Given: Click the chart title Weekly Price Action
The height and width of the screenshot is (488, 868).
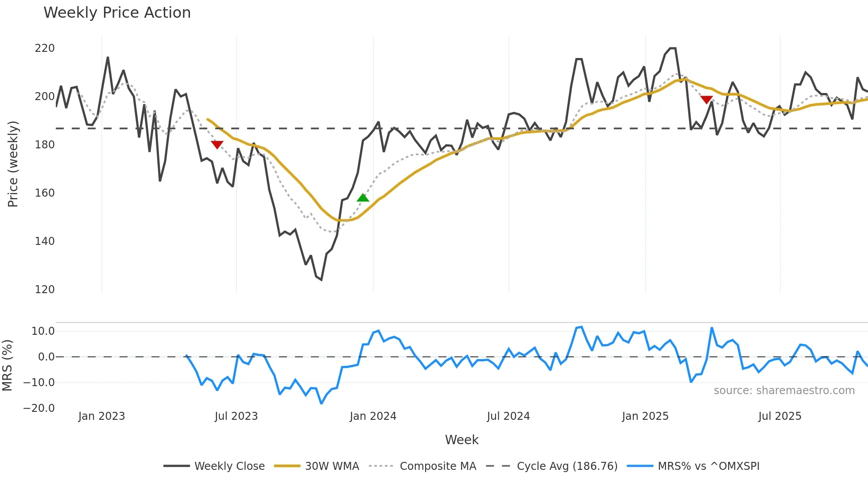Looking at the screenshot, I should click(x=117, y=13).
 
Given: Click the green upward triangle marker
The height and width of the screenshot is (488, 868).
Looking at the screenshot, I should click(x=363, y=198).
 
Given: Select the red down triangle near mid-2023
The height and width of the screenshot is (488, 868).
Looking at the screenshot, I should click(x=217, y=144).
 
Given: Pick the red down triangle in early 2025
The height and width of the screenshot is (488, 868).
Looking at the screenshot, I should click(x=706, y=100).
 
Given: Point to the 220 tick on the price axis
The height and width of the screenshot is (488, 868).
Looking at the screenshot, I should click(x=45, y=48).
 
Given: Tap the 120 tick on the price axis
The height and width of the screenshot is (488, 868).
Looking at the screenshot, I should click(x=45, y=290).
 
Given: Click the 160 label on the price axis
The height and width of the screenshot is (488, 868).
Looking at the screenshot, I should click(x=45, y=193).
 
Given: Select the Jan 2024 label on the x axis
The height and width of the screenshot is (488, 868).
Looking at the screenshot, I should click(x=373, y=416).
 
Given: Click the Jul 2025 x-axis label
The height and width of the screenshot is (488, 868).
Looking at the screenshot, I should click(x=779, y=416).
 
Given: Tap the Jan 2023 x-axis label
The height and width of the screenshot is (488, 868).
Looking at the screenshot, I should click(x=101, y=416).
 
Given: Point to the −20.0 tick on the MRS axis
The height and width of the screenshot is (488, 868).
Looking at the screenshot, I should click(x=39, y=408).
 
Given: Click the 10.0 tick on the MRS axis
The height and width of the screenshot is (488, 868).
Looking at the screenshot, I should click(x=43, y=331).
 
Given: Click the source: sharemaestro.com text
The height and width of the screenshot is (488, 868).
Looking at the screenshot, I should click(x=784, y=391).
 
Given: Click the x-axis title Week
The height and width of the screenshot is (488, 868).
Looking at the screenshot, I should click(x=461, y=440).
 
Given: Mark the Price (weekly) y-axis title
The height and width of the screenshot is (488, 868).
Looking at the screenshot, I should click(x=13, y=164).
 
